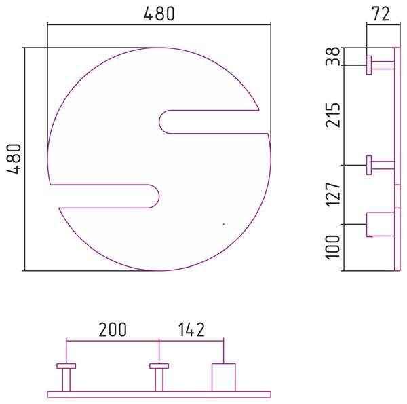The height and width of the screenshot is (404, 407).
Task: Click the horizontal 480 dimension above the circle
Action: point(159,14)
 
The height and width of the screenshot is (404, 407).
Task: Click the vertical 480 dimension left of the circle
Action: point(14,159)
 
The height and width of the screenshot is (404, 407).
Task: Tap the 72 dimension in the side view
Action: point(381,14)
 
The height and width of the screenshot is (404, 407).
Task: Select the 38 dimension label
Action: point(332,56)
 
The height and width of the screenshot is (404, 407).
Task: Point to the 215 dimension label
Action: point(332,115)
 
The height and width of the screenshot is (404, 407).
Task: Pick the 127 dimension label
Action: point(332,195)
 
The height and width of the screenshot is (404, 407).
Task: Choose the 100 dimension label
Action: point(332,247)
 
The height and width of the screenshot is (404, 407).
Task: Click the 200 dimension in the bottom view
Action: point(113,329)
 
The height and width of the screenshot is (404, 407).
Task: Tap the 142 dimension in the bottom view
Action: point(191,329)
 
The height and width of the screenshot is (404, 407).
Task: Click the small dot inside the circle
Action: point(223,224)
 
